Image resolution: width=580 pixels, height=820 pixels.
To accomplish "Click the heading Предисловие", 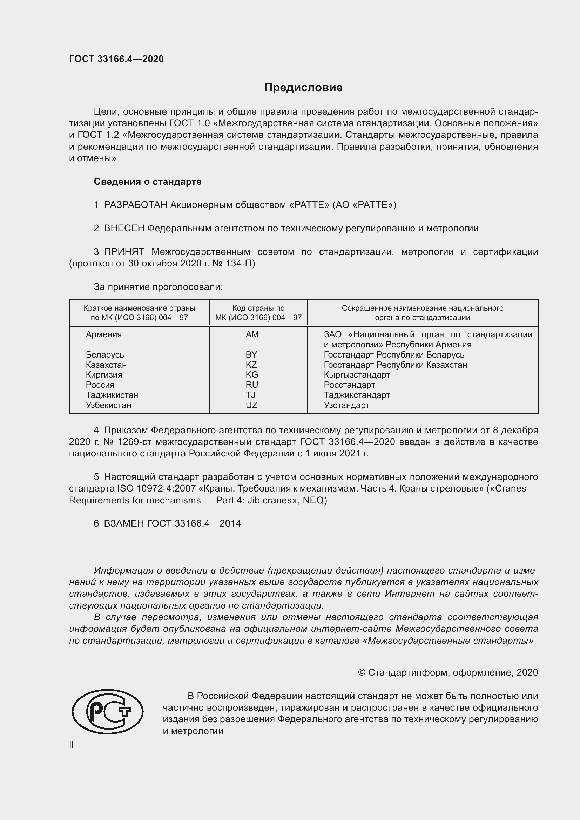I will click(x=303, y=88).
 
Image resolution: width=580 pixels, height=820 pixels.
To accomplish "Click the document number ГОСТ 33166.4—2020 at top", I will click(x=116, y=59).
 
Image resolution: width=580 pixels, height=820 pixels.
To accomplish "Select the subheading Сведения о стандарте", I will click(x=148, y=182).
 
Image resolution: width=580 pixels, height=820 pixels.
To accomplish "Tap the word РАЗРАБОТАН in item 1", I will click(x=135, y=205).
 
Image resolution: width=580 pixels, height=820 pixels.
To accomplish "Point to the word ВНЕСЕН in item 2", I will click(x=124, y=229).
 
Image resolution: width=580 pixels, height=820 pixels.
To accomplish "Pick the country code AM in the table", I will click(x=252, y=335).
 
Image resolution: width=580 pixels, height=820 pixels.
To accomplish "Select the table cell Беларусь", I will click(x=104, y=355).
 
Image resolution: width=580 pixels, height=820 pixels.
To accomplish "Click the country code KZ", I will click(x=251, y=365).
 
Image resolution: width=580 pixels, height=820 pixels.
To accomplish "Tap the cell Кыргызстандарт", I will click(x=357, y=375).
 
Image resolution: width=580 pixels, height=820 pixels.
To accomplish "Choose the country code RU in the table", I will click(x=252, y=385).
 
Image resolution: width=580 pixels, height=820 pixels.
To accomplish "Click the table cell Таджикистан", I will click(x=112, y=395).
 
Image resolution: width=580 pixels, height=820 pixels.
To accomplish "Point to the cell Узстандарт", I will click(x=346, y=405).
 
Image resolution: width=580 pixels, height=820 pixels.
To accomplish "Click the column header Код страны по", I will click(x=258, y=308).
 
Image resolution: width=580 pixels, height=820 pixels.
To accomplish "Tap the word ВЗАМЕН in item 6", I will click(x=124, y=523).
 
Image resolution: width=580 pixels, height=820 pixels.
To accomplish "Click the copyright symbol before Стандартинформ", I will click(x=362, y=672).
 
